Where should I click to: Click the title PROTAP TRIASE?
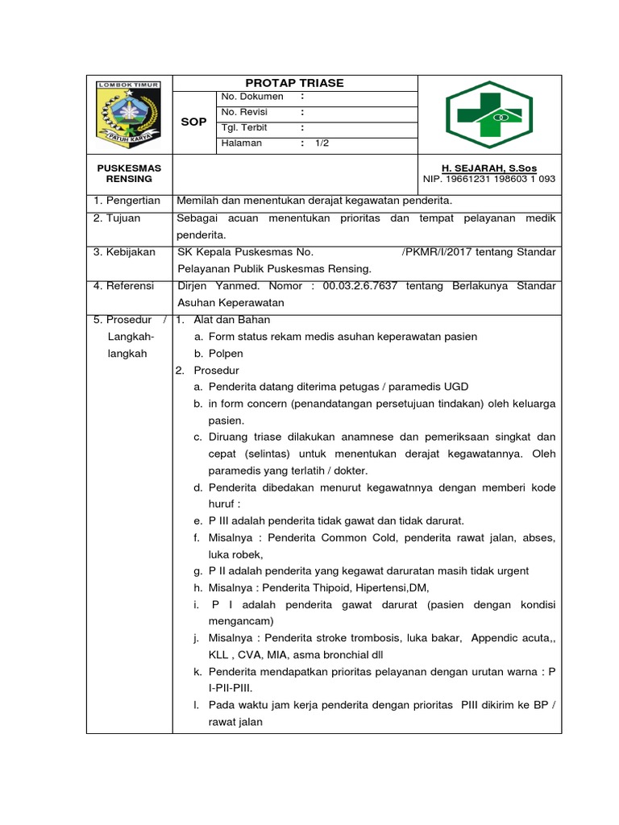click(294, 83)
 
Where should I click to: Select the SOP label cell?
click(193, 122)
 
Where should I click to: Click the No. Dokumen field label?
click(252, 97)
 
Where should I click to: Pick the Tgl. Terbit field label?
click(244, 128)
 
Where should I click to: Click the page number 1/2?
click(322, 143)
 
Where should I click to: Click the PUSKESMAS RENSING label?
click(129, 173)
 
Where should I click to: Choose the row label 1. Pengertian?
click(127, 201)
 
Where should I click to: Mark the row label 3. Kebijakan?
click(124, 252)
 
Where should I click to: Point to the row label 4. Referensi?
click(125, 286)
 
